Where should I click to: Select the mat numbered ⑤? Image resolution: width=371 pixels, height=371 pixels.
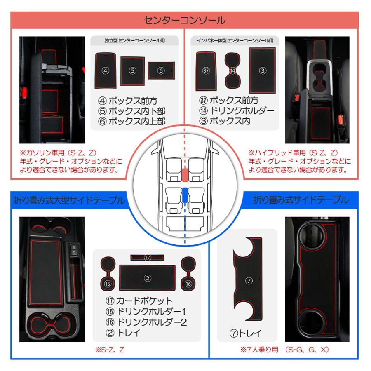pos(132,70)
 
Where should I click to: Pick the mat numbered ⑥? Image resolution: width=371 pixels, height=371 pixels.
pos(161,70)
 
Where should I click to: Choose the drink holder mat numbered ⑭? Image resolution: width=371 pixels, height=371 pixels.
pos(233,70)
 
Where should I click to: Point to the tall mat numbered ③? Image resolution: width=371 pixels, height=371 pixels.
pos(262,70)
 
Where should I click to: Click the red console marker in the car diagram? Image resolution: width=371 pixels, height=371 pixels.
pos(185,175)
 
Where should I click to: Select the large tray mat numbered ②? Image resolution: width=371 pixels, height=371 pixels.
pos(148,278)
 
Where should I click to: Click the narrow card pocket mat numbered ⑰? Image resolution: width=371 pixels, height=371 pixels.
pos(148,257)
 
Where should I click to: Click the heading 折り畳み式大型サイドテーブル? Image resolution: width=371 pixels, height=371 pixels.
pos(68,201)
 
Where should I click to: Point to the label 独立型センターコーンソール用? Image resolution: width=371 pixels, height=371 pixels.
pos(134,41)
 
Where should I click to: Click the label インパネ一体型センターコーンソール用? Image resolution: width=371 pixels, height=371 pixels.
pos(235,41)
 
